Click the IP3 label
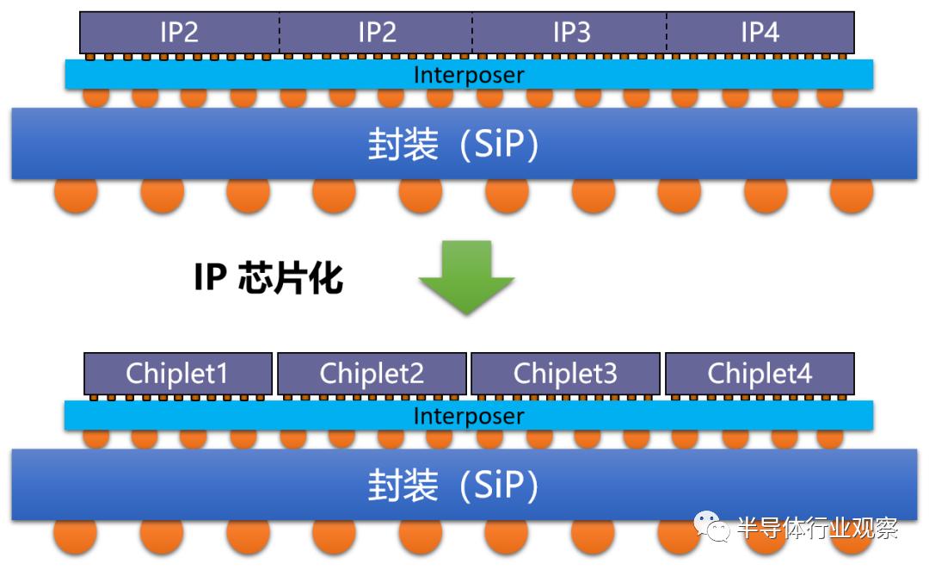[572, 32]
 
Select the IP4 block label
[760, 32]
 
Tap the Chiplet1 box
[178, 374]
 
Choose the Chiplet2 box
[372, 374]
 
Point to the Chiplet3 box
[566, 374]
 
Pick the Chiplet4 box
[760, 374]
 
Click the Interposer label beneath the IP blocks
[469, 75]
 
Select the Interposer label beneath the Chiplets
[469, 417]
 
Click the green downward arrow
[466, 277]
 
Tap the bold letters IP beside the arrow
[211, 277]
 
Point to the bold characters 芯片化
[291, 277]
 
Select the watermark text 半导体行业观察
[817, 528]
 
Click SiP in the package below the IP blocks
[500, 144]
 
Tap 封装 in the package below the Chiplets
[403, 485]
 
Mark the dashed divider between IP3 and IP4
[667, 33]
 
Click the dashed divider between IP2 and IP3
[472, 33]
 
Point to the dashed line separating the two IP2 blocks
[279, 33]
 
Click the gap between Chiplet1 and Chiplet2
[275, 374]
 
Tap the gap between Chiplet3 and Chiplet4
[663, 374]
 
